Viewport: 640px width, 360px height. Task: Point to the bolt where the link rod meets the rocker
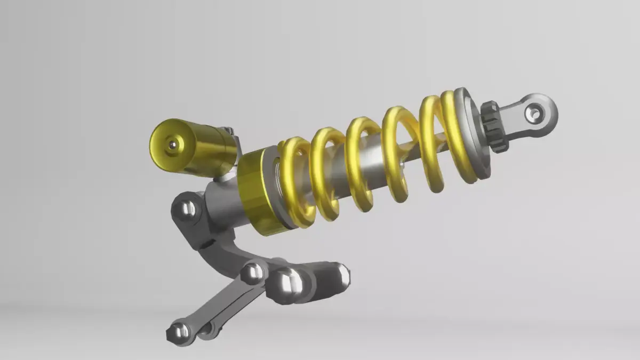[252, 273]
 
